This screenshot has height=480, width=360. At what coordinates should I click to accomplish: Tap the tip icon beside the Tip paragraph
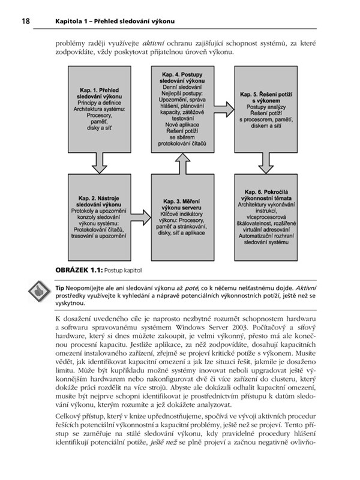pyautogui.click(x=40, y=295)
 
